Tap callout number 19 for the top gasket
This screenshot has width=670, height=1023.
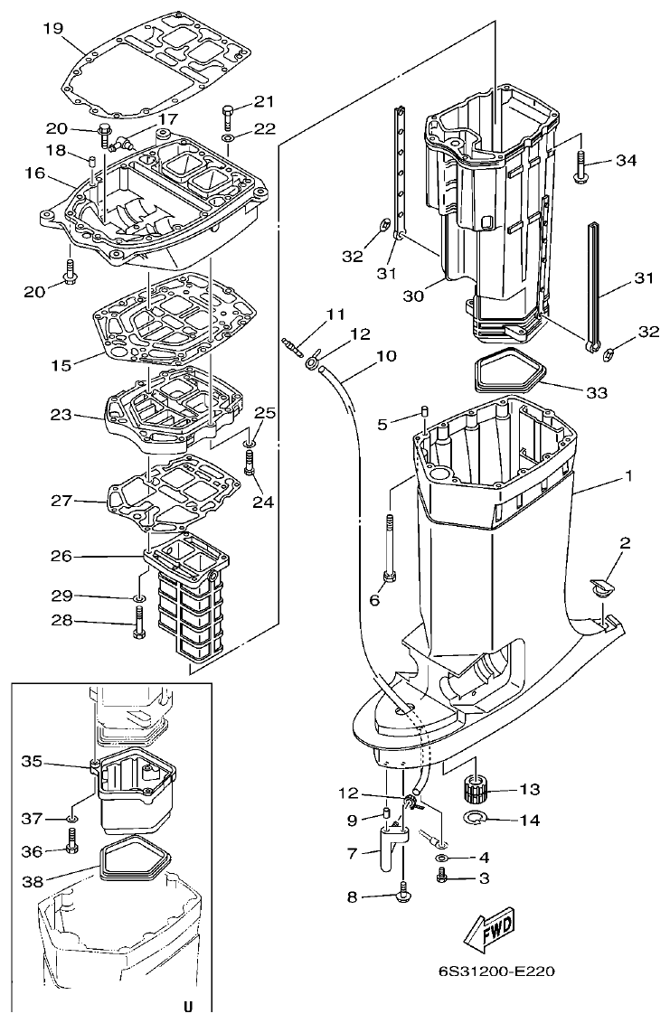coord(52,28)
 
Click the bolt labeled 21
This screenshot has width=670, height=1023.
coord(227,117)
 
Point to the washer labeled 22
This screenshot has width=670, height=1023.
coord(228,138)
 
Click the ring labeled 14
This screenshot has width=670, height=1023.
coord(475,818)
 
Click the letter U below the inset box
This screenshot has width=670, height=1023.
coord(187,1006)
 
